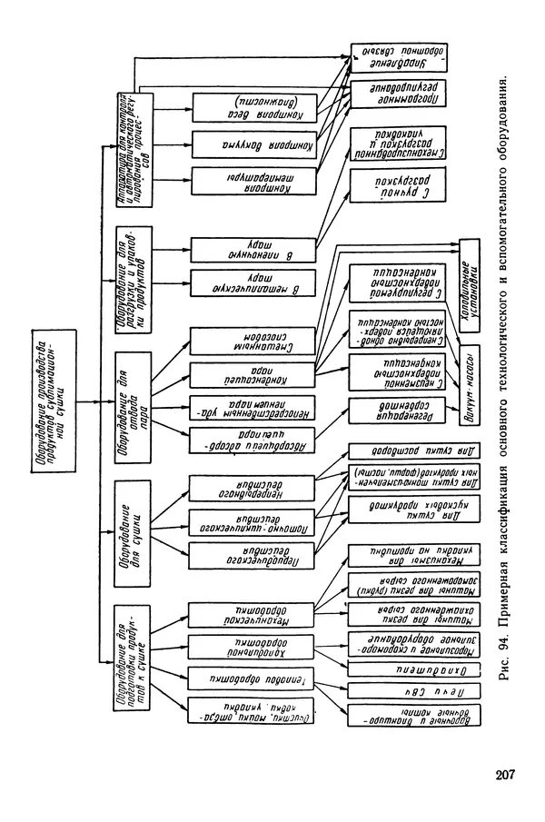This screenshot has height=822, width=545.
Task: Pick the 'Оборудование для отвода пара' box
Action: click(132, 392)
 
